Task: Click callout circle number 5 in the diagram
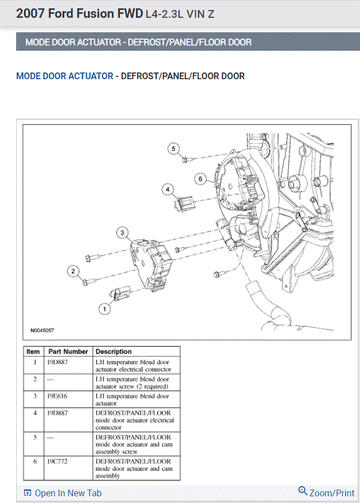pos(174,148)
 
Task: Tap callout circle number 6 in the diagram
pos(201,179)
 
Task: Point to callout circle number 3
pos(123,232)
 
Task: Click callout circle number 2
pos(72,272)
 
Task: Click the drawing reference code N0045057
pos(42,330)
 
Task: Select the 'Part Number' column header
pos(68,352)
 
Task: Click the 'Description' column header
pos(114,352)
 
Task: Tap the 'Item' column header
pos(33,352)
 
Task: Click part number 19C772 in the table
pos(59,462)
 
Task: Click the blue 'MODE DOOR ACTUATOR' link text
pos(65,76)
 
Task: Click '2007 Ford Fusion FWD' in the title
pos(79,13)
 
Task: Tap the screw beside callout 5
pos(186,160)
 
